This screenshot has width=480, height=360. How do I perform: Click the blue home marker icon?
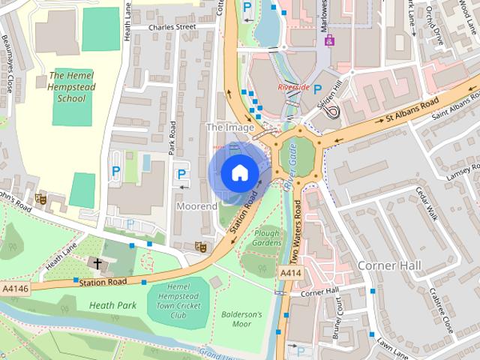pyautogui.click(x=238, y=172)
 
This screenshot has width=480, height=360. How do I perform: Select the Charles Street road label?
pyautogui.click(x=172, y=28)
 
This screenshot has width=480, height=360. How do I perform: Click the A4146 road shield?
pyautogui.click(x=14, y=288)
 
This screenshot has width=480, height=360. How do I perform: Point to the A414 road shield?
pyautogui.click(x=291, y=274)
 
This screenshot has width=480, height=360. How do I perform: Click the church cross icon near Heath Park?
pyautogui.click(x=97, y=263)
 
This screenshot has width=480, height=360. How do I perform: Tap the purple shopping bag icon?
pyautogui.click(x=329, y=39)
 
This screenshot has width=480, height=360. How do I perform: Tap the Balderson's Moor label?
pyautogui.click(x=241, y=319)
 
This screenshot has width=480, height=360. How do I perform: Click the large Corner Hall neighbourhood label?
pyautogui.click(x=389, y=266)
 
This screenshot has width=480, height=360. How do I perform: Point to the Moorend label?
pyautogui.click(x=196, y=205)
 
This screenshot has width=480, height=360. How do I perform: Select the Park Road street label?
pyautogui.click(x=172, y=138)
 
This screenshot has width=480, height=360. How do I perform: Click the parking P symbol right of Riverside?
pyautogui.click(x=317, y=88)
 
